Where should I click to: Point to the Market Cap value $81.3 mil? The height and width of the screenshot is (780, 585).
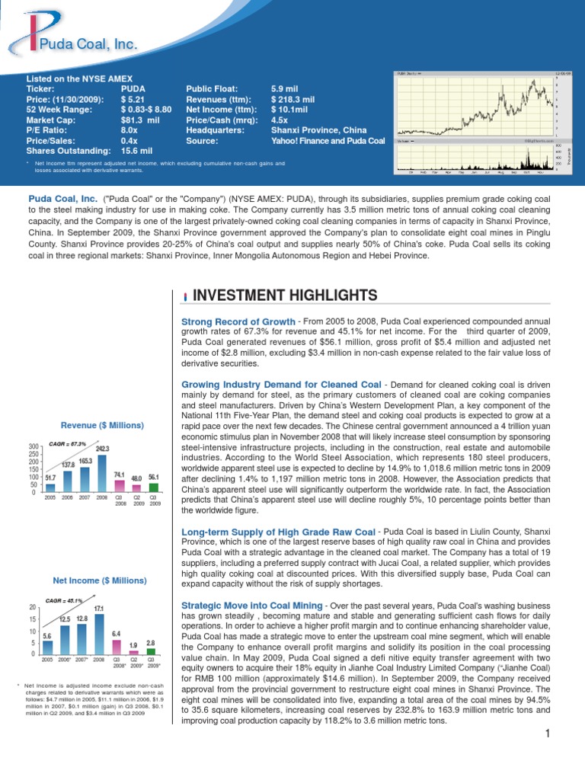(140, 120)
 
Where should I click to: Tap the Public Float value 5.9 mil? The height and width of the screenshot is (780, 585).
(286, 88)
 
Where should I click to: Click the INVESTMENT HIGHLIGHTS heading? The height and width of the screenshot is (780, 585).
(286, 295)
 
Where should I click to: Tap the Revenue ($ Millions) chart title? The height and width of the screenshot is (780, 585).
(102, 424)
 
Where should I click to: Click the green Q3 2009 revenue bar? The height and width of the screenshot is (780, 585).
(154, 487)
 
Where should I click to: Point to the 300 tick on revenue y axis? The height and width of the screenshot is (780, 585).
(33, 446)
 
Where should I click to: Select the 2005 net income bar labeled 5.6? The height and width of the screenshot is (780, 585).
(47, 647)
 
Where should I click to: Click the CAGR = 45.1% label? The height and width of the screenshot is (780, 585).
(65, 600)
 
